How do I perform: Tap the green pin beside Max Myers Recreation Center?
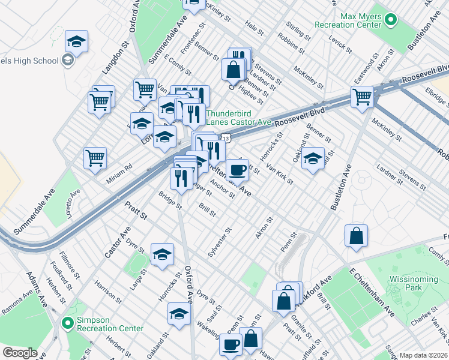click(x=391, y=21)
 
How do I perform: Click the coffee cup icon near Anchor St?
click(x=237, y=170)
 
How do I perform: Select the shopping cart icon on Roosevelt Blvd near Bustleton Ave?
click(x=362, y=96)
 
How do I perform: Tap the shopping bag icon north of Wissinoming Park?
click(x=356, y=235)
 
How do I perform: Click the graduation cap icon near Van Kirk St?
click(x=312, y=159)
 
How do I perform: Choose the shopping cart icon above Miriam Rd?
click(x=95, y=158)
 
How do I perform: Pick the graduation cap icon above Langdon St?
click(x=76, y=41)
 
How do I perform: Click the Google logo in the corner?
click(x=20, y=353)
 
